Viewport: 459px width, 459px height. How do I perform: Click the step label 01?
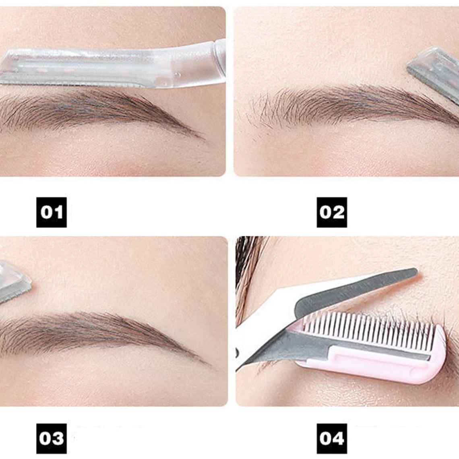point(52,212)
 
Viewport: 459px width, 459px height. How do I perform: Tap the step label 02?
point(332,212)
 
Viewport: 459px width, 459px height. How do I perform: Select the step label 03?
point(52,438)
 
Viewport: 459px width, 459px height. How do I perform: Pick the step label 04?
point(332,438)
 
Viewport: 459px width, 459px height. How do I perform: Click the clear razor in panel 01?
point(113,66)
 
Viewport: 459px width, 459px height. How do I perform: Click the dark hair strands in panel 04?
point(248,266)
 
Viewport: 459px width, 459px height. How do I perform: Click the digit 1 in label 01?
point(58,212)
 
